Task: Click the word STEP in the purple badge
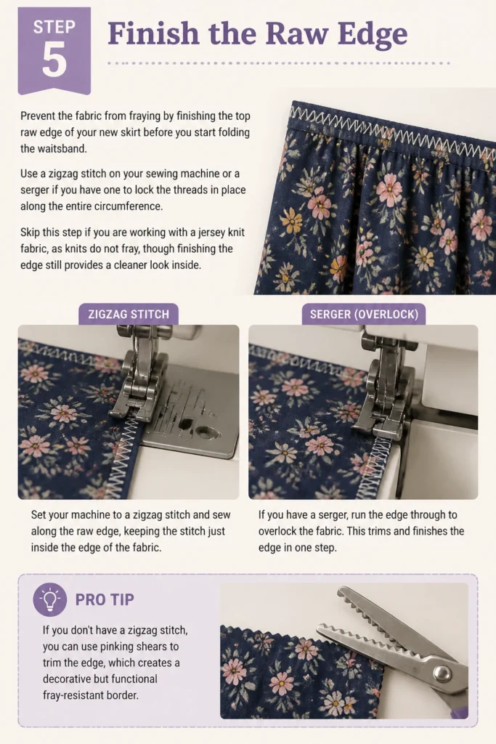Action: coord(54,27)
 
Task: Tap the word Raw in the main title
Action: coord(296,33)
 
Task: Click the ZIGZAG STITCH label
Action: coord(129,314)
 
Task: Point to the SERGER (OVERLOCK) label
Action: coord(364,314)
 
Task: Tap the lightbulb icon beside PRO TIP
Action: coord(50,599)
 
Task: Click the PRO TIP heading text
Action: coord(105,599)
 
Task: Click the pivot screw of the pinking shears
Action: coord(443,672)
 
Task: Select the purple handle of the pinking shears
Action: coord(459,711)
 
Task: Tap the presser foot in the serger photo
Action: coord(382,399)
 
